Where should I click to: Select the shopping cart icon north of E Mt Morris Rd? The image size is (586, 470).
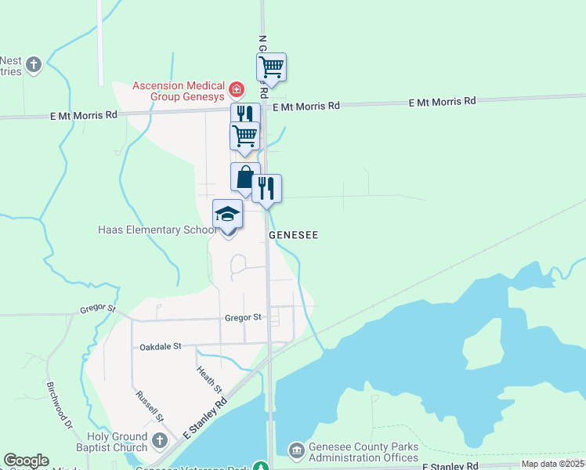point(271,67)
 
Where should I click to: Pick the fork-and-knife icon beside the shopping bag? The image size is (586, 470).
point(266,188)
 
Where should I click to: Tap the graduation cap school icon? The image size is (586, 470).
point(228,214)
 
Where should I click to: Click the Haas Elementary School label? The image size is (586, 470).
point(157,230)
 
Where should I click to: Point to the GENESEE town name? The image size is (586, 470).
point(293,235)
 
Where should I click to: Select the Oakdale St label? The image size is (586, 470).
point(161,345)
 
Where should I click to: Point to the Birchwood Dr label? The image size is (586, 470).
point(59,404)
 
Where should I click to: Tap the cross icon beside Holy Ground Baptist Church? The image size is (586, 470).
point(160,440)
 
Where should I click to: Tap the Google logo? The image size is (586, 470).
point(26,461)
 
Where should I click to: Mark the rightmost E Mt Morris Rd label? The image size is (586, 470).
point(443,102)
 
